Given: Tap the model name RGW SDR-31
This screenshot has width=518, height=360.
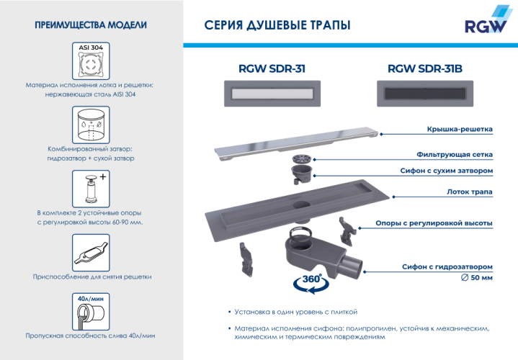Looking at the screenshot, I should point(271,69).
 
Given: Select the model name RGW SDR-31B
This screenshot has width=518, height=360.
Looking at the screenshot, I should point(424,69).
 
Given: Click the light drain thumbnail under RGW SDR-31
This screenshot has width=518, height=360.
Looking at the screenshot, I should point(271,93).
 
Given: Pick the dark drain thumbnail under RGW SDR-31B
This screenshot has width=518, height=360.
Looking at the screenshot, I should point(424,93).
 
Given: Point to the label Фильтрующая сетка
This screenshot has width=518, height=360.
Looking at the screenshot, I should point(455,154).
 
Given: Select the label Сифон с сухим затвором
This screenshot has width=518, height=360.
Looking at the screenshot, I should point(446,171).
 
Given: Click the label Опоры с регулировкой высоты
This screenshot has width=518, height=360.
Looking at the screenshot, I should point(434,223).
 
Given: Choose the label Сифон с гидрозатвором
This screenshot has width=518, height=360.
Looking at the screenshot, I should point(447,266).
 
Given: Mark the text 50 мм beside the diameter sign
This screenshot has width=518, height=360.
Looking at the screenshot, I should point(482,277).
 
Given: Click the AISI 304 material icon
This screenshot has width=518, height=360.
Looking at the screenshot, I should point(90,61).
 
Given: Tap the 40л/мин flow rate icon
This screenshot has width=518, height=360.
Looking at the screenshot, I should point(90,310).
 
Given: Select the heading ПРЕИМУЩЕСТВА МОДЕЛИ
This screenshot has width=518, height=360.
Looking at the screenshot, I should point(90,25).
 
